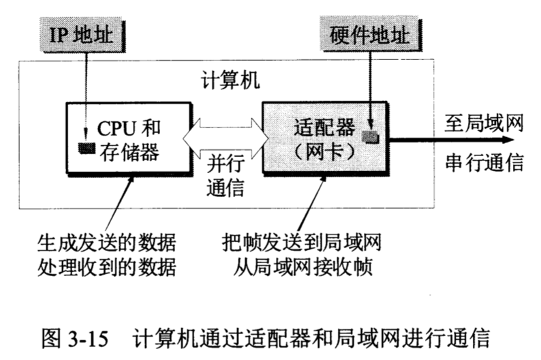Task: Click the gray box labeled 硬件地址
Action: point(369,35)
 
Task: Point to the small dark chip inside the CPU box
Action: point(86,147)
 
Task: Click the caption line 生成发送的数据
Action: point(106,242)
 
